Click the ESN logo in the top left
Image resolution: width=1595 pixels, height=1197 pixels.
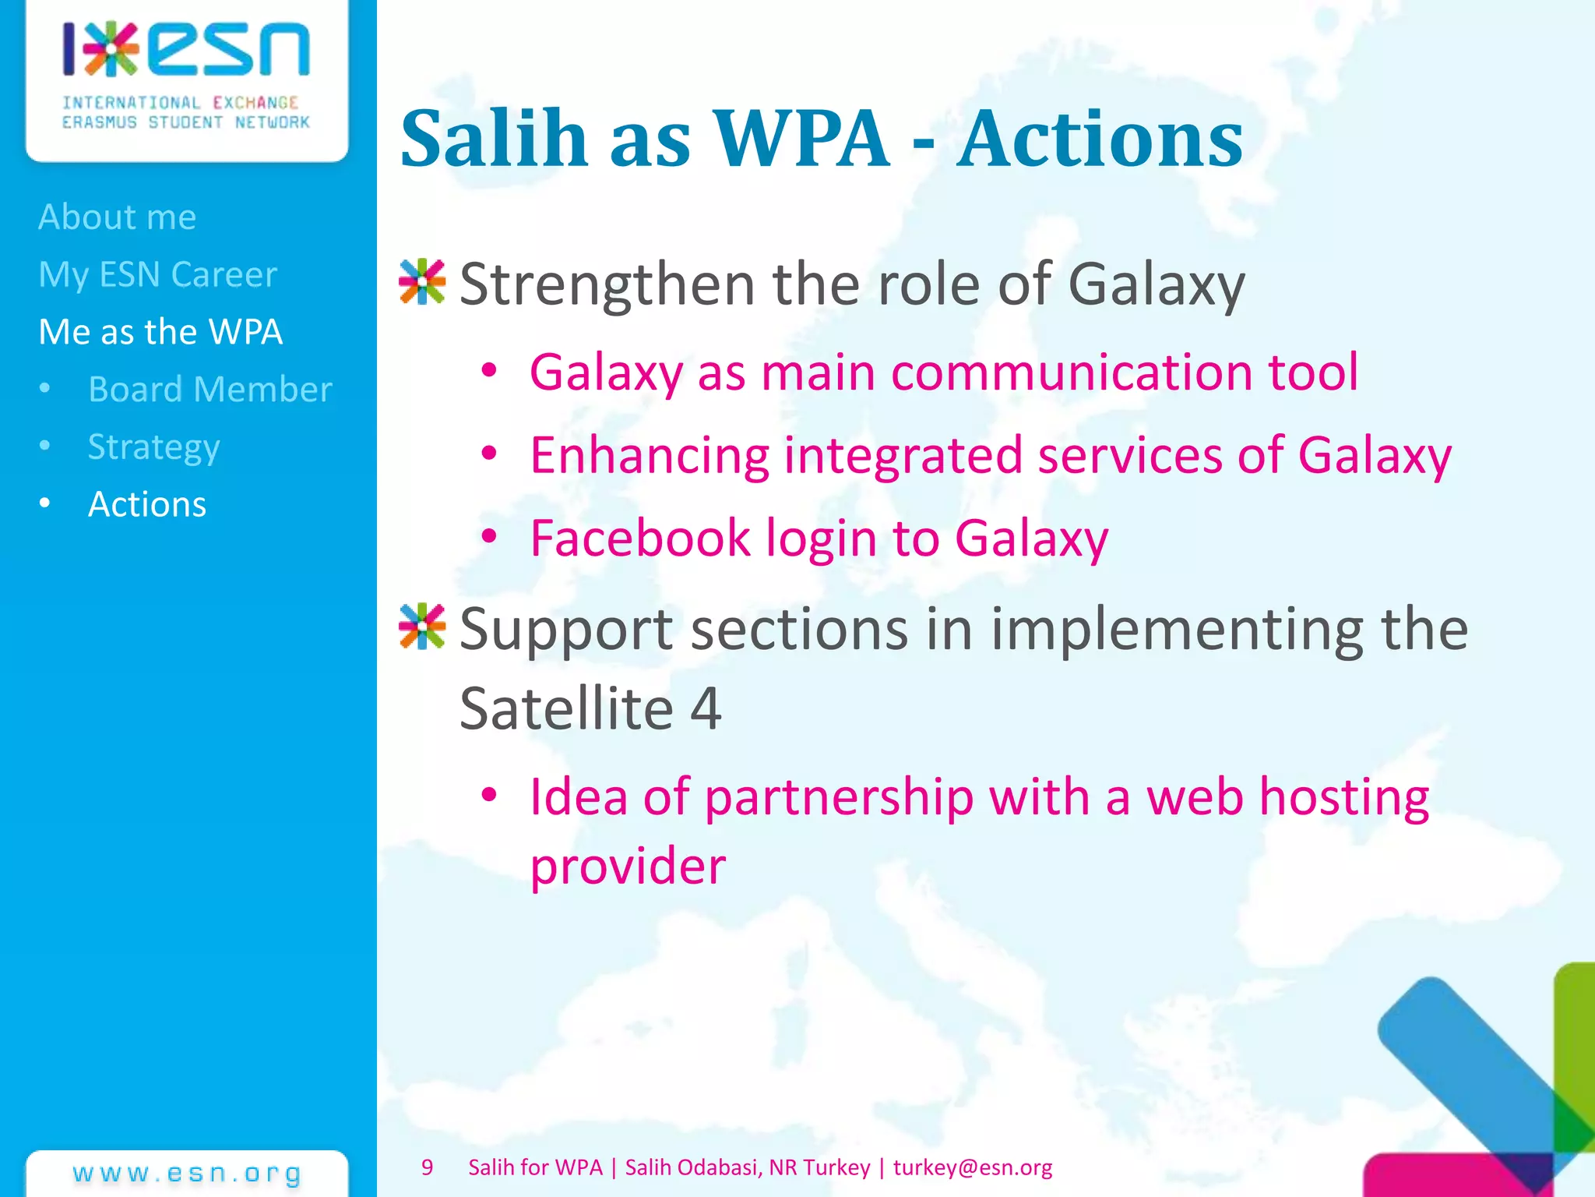click(x=186, y=74)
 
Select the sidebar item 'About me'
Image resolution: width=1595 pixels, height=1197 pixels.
click(x=118, y=217)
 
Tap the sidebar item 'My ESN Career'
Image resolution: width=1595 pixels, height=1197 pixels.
click(x=158, y=274)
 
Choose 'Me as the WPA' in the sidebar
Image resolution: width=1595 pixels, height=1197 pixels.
click(x=160, y=332)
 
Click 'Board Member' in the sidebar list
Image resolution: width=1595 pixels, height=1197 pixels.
click(x=209, y=389)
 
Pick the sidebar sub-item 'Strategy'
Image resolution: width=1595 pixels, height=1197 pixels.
click(x=153, y=447)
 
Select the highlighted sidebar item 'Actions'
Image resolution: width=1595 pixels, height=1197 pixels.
click(x=147, y=504)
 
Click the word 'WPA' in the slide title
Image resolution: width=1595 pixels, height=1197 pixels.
click(x=801, y=139)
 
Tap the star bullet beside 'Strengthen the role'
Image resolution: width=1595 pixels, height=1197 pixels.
click(x=421, y=282)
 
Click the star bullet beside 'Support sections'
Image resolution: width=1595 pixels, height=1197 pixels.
click(x=421, y=627)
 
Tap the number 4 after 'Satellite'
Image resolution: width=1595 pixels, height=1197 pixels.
click(x=706, y=708)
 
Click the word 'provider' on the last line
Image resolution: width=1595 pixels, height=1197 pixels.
click(x=628, y=867)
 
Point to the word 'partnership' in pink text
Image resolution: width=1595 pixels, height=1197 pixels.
click(x=838, y=797)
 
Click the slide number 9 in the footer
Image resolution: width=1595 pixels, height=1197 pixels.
click(x=427, y=1167)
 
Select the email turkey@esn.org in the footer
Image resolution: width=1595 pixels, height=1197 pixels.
click(x=972, y=1167)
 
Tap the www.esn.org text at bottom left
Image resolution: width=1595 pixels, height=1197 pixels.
click(x=187, y=1174)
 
